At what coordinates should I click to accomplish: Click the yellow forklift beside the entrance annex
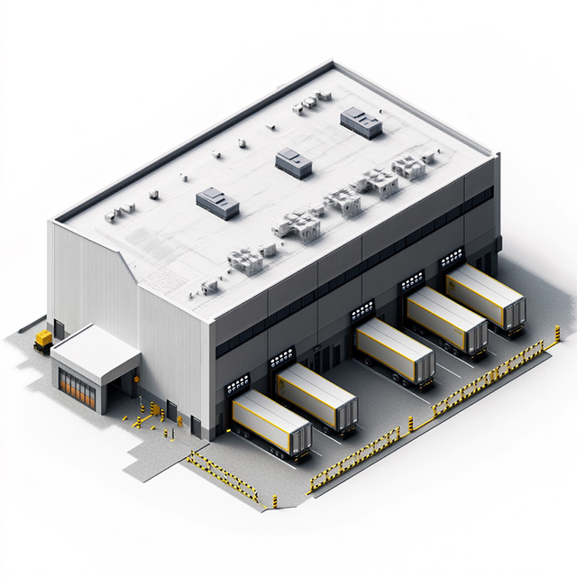[42, 339]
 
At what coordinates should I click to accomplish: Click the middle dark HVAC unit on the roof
[293, 161]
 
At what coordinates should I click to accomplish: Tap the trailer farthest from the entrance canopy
[485, 296]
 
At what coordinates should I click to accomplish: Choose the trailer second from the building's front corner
[317, 398]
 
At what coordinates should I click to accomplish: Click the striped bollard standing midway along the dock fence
[408, 423]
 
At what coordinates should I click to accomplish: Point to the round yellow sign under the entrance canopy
[136, 381]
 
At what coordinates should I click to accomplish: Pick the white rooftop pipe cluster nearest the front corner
[245, 260]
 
